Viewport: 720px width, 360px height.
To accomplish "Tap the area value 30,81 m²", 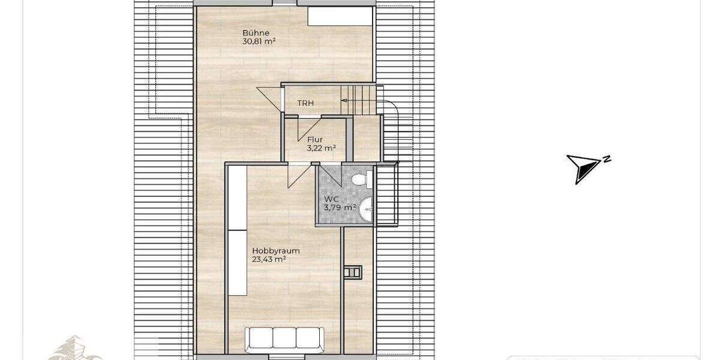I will click(259, 42).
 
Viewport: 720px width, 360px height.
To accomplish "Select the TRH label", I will click(306, 103).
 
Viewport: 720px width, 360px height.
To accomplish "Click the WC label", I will click(332, 199).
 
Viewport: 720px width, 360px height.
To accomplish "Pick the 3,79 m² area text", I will click(340, 208).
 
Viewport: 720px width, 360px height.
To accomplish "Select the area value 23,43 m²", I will click(268, 260).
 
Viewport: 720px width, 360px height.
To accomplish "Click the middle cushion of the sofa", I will click(284, 337).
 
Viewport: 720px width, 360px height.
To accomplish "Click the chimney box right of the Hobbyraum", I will click(352, 272).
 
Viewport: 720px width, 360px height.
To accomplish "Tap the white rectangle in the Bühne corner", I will click(339, 16).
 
